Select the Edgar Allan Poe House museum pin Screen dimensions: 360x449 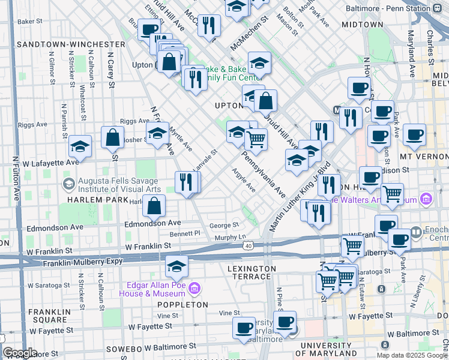click(193, 289)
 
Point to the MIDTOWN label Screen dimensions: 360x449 click(362, 25)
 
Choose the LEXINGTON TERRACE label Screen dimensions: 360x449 click(252, 272)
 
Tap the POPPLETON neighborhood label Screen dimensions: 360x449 click(182, 304)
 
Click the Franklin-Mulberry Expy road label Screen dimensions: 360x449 click(82, 262)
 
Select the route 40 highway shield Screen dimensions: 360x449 click(247, 245)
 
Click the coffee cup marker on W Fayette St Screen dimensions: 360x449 click(244, 328)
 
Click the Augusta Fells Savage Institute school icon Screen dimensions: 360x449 click(70, 183)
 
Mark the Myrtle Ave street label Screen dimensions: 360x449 click(180, 137)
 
